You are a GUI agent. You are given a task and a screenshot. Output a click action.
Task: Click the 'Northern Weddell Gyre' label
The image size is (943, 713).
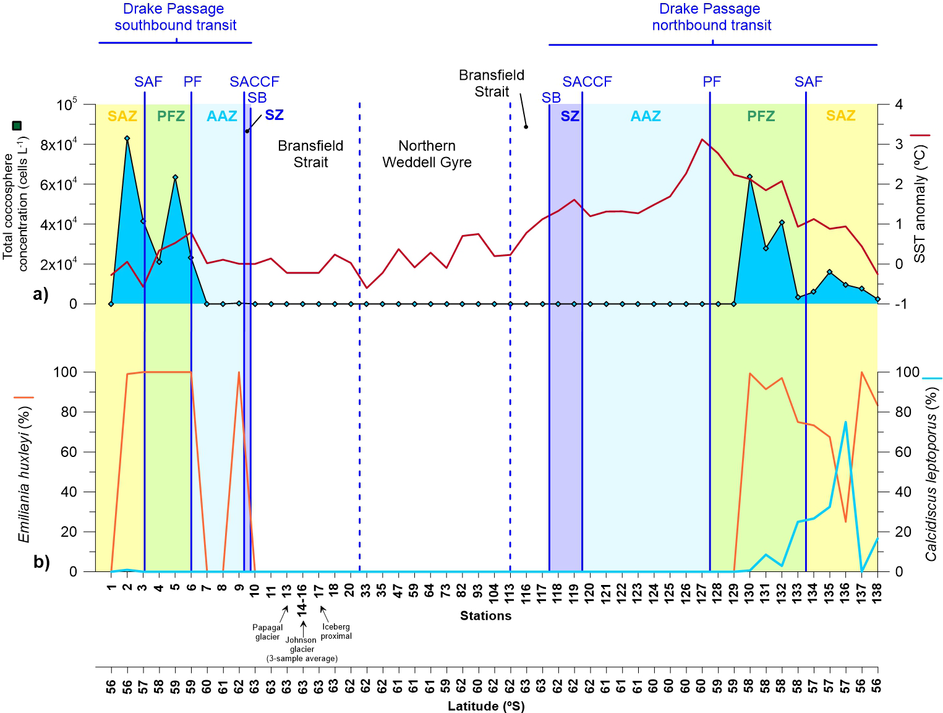[x=427, y=154]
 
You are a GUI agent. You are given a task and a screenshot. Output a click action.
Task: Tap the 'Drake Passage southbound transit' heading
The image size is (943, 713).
[x=176, y=17]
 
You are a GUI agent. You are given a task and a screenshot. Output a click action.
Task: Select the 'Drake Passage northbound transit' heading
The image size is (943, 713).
[x=711, y=17]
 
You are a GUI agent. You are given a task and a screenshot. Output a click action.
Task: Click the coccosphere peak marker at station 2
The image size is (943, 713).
[x=127, y=139]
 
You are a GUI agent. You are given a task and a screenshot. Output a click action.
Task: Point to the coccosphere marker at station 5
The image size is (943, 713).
[x=175, y=177]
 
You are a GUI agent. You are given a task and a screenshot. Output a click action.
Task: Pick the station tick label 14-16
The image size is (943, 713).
[x=302, y=600]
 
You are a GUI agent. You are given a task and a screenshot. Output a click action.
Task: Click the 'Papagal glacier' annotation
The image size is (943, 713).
[x=268, y=632]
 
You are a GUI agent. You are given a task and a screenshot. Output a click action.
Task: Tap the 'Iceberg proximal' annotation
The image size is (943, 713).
[x=336, y=631]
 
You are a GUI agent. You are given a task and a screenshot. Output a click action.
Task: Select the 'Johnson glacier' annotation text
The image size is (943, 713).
[x=301, y=644]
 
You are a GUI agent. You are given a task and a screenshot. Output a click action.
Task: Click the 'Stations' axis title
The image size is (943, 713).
[x=485, y=616]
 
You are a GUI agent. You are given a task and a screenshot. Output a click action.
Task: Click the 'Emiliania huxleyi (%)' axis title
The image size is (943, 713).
[x=24, y=474]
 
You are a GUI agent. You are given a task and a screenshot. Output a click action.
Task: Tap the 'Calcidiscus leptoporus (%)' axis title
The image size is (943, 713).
[x=931, y=474]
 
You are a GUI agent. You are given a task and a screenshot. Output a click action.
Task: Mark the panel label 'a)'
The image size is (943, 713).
[x=41, y=294]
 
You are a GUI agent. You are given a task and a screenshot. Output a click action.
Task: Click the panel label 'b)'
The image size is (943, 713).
[x=41, y=562]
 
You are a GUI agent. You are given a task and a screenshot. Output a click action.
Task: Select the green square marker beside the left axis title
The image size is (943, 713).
[x=17, y=126]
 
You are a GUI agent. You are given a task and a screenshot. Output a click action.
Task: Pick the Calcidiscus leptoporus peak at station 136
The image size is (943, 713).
[x=845, y=422]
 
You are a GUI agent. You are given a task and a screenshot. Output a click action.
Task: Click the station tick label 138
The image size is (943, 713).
[x=877, y=592]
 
